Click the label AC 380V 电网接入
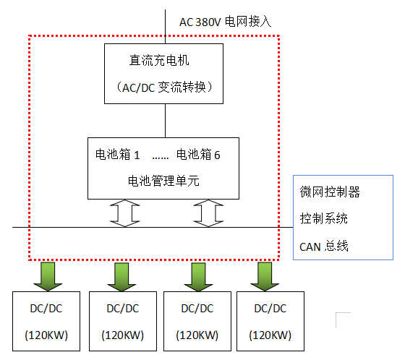(225, 22)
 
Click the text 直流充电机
(159, 61)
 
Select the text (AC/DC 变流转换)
(164, 87)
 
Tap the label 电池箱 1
(117, 155)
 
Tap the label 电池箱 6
(198, 155)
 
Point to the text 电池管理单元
(163, 181)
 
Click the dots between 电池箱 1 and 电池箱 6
(161, 158)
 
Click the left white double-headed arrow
(125, 213)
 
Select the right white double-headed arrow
(208, 213)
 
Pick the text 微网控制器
(330, 192)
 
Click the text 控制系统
(324, 218)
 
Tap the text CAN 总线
(324, 247)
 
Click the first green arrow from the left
(48, 277)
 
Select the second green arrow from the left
(121, 277)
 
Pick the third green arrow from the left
(198, 277)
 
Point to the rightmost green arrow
(265, 277)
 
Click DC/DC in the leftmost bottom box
(46, 309)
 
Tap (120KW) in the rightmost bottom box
(270, 335)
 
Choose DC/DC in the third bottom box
(197, 309)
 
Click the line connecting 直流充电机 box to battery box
(166, 121)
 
